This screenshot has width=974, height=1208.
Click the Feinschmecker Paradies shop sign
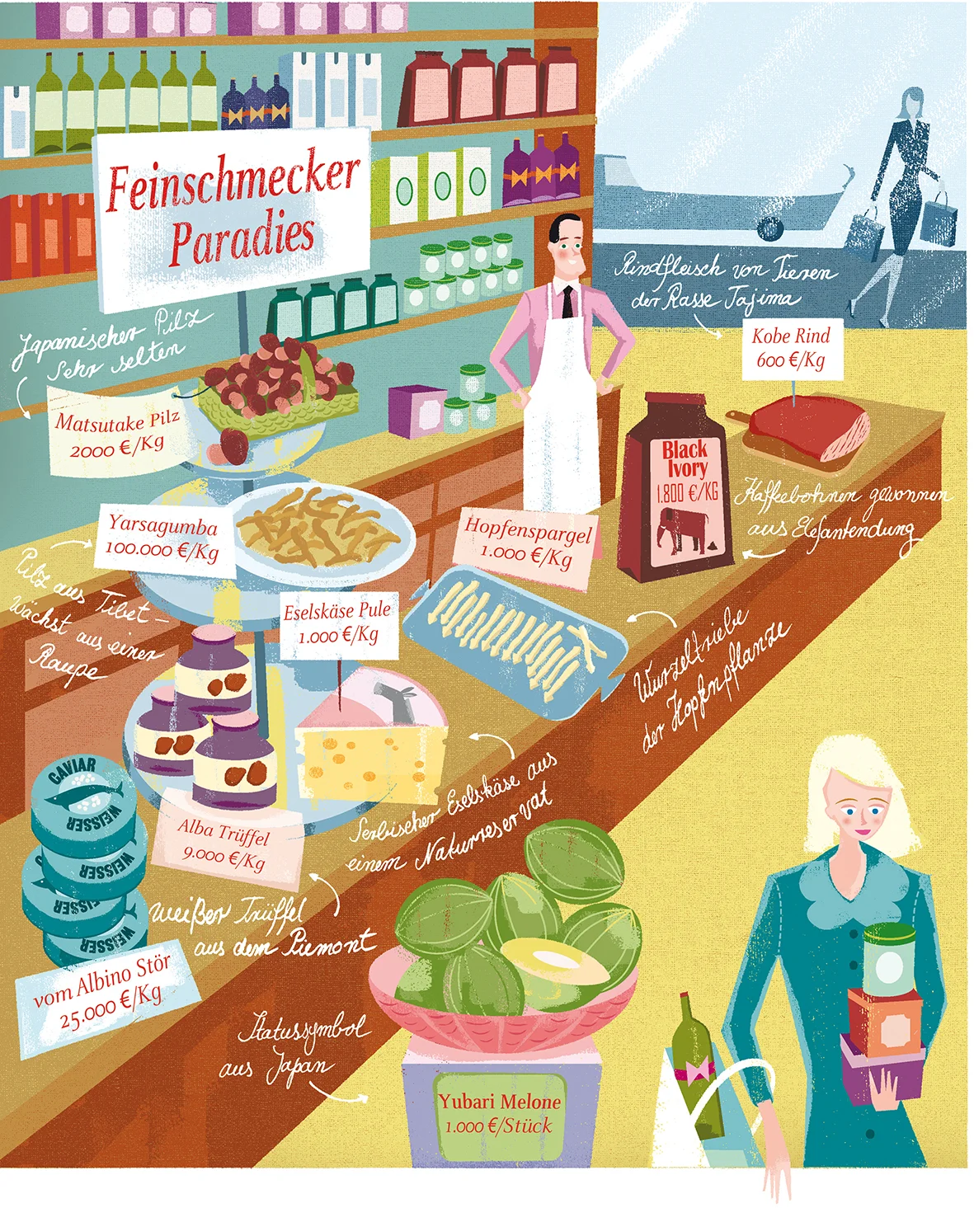tap(233, 213)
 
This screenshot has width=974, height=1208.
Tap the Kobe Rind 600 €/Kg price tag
tap(791, 348)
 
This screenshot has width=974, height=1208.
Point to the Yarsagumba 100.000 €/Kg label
tap(162, 538)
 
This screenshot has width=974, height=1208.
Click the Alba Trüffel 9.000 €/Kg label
tap(224, 844)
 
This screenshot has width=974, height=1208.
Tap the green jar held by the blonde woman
tap(889, 957)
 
